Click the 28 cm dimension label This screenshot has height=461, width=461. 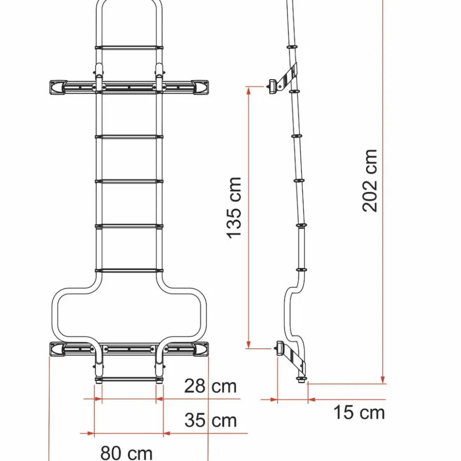[x=210, y=386]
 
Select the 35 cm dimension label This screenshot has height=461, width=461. [x=210, y=420]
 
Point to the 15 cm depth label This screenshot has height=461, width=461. [x=359, y=413]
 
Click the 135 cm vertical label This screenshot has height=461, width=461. [x=235, y=208]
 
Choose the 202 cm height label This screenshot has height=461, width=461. [x=370, y=181]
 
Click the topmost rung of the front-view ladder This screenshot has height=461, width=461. [x=128, y=48]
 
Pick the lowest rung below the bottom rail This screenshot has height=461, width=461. [x=128, y=378]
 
